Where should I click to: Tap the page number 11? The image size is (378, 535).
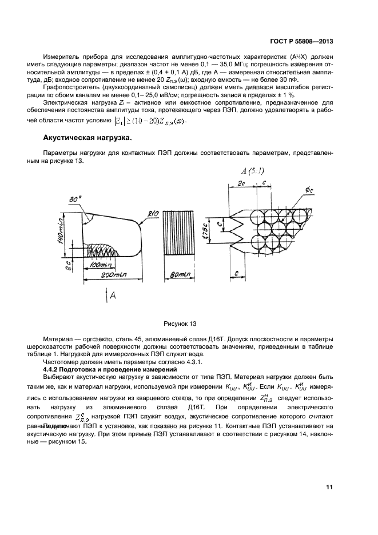(329, 487)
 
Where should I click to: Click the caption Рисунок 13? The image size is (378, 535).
(182, 323)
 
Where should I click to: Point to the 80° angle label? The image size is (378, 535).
(74, 199)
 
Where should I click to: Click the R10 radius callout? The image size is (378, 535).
(153, 214)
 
